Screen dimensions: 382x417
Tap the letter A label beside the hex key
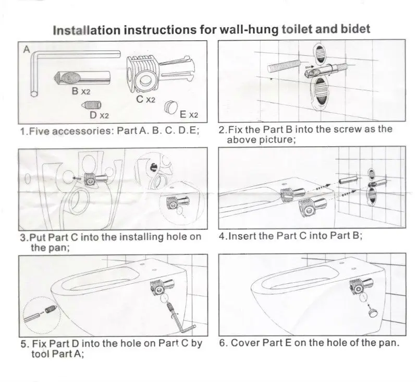(27, 50)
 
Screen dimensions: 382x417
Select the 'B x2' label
(81, 91)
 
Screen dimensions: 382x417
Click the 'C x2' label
(145, 99)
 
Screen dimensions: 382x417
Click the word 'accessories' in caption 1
(81, 131)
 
